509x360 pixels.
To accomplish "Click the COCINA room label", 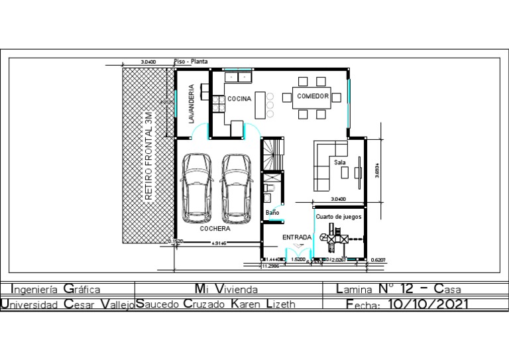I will point(239,99).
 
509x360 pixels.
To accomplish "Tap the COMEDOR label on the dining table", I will point(312,97).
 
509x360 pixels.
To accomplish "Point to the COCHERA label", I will point(215,229).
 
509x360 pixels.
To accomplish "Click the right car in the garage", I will point(237,188).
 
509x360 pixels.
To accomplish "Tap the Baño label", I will point(272,213).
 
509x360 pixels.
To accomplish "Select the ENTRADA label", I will point(296,237).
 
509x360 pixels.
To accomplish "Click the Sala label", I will point(339,162).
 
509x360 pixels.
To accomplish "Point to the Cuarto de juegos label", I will point(338,217).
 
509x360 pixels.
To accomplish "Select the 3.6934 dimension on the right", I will point(376,173).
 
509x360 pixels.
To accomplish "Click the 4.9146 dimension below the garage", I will point(219,244).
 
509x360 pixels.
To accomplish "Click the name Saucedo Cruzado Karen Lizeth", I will point(216,304).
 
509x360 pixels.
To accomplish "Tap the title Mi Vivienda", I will point(226,289).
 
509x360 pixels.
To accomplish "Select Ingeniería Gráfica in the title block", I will point(56,289).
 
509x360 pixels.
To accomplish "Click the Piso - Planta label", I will point(191,62).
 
